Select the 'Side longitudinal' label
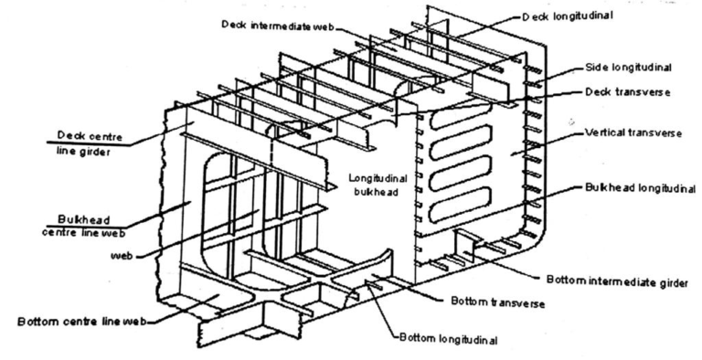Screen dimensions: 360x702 pos(632,68)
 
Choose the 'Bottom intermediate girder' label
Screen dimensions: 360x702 pos(617,278)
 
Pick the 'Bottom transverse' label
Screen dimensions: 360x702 pos(495,301)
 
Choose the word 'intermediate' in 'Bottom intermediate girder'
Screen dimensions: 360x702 pos(615,278)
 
